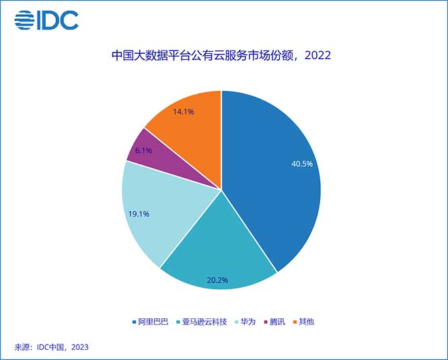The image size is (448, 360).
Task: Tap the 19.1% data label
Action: [138, 214]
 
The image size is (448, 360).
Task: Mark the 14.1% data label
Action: [183, 112]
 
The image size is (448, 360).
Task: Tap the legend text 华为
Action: [248, 322]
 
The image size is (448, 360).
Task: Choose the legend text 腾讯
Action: [277, 322]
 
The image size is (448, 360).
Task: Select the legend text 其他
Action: [306, 322]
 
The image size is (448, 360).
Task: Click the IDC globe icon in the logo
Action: [24, 20]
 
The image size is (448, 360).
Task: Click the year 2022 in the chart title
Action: [318, 56]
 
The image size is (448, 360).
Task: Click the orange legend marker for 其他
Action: [294, 322]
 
